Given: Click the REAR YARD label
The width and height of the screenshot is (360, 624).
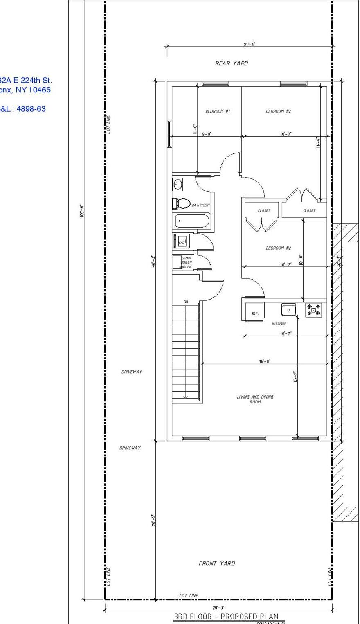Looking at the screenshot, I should click(232, 63).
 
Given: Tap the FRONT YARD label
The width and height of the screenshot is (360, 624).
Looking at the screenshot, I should click(217, 563).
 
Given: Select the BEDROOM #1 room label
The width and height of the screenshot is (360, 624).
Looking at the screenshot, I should click(218, 111).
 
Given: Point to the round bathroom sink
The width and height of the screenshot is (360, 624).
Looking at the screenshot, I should click(178, 185).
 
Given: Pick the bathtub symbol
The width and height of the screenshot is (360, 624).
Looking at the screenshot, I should click(192, 221).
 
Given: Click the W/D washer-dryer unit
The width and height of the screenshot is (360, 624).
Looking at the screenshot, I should click(181, 241).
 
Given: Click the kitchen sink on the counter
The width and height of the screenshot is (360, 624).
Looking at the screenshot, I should click(288, 310).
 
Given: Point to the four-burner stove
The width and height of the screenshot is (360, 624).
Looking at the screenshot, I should click(314, 310).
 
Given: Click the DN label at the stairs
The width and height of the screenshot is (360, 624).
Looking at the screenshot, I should click(186, 302).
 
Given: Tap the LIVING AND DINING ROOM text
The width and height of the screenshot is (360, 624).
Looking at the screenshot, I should click(255, 399).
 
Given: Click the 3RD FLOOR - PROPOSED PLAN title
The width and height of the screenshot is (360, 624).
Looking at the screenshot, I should click(226, 616).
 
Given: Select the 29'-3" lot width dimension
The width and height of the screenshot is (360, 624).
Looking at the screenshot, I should click(218, 608).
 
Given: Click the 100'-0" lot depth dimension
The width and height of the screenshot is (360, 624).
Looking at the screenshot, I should click(82, 210).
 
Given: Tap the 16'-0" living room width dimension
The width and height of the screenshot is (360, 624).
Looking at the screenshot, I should click(265, 361).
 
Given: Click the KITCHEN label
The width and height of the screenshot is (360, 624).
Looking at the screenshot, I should click(279, 324).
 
